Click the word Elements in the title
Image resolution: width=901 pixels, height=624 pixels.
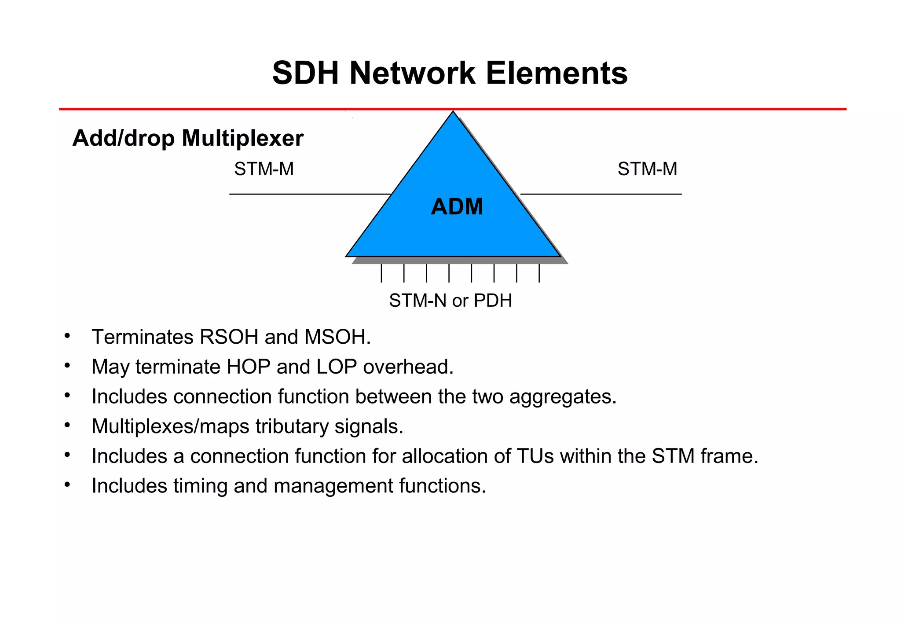pyautogui.click(x=557, y=73)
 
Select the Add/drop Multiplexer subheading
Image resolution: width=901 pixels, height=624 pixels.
pyautogui.click(x=188, y=138)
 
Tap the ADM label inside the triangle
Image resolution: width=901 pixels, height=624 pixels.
pyautogui.click(x=457, y=206)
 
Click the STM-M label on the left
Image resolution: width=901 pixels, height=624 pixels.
pyautogui.click(x=264, y=169)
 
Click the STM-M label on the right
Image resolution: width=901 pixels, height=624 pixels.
pyautogui.click(x=647, y=169)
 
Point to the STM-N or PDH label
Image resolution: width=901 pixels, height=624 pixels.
pyautogui.click(x=450, y=301)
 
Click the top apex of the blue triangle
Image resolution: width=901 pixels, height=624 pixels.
pyautogui.click(x=453, y=114)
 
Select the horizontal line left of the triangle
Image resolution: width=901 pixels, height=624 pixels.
pyautogui.click(x=308, y=194)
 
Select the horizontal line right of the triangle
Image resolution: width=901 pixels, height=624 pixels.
pyautogui.click(x=601, y=194)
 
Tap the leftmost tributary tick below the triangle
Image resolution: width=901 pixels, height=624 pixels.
pyautogui.click(x=381, y=273)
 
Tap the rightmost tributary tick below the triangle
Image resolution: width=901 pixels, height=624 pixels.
pyautogui.click(x=539, y=273)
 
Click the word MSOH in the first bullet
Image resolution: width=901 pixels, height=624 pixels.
pyautogui.click(x=337, y=337)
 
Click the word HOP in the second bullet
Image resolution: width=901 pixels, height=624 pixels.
pyautogui.click(x=248, y=367)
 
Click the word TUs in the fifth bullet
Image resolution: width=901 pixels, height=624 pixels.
pyautogui.click(x=535, y=456)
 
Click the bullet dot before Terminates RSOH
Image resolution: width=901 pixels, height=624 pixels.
pyautogui.click(x=67, y=336)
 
